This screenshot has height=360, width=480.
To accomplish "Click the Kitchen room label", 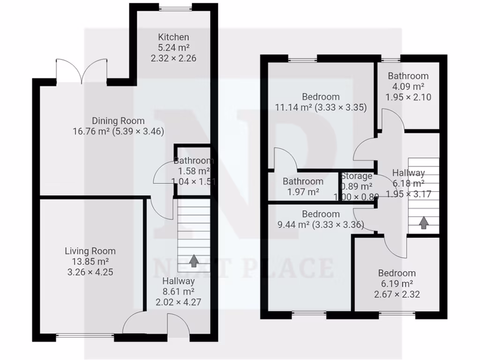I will click(173, 37).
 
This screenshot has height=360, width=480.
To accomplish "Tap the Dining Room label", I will click(118, 121).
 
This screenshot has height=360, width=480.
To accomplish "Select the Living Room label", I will click(90, 251).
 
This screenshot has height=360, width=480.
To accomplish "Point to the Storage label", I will click(356, 176).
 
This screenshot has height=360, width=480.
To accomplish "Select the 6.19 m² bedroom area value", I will click(397, 284).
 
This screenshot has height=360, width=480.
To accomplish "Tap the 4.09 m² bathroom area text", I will click(408, 87).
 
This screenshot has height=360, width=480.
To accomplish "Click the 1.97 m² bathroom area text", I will click(303, 192).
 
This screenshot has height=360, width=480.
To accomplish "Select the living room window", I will click(85, 335).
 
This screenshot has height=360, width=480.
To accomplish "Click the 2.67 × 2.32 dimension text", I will click(397, 294).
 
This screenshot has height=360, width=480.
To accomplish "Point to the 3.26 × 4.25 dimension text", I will click(90, 272).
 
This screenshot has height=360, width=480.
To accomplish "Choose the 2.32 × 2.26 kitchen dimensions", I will click(173, 59).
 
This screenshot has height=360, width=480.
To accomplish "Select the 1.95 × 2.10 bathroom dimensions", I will click(408, 97).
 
